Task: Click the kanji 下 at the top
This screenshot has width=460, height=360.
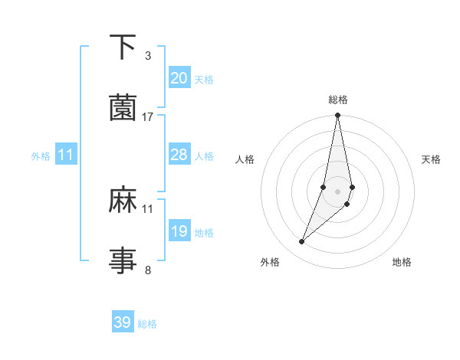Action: (123, 47)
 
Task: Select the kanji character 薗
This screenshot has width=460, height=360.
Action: (123, 108)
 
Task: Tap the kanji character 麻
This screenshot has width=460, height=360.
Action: (123, 200)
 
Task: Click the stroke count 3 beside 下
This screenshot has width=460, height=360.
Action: (148, 55)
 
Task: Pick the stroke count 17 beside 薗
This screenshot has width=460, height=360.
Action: (148, 116)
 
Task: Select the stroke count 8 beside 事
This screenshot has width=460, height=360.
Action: (148, 269)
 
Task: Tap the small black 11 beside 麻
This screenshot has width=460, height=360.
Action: (148, 208)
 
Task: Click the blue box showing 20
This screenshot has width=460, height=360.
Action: (179, 78)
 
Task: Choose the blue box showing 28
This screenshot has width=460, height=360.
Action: (179, 155)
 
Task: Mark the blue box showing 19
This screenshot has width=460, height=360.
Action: (179, 231)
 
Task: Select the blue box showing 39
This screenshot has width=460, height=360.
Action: (123, 322)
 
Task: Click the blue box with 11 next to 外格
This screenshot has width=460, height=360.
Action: (66, 155)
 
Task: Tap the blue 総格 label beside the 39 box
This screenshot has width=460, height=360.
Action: (147, 324)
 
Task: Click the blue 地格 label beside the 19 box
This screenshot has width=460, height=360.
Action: (204, 232)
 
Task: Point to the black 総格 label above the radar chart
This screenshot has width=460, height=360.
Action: (338, 100)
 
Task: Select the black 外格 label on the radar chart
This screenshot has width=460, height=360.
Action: (270, 262)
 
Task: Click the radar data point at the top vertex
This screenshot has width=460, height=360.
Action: (337, 116)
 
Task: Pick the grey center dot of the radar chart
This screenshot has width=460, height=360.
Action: (337, 191)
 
